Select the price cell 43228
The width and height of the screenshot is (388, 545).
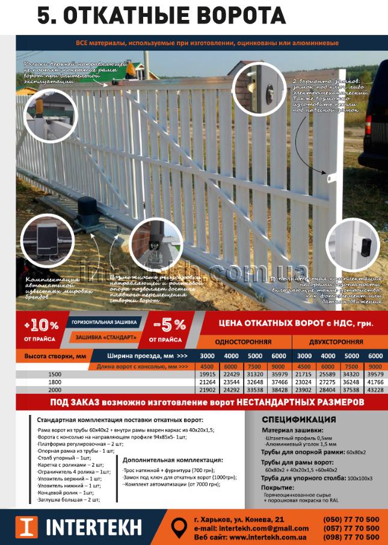pos(375,390)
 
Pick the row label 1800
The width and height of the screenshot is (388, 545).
pos(55,382)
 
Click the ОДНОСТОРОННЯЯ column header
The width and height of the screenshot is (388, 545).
pos(244,341)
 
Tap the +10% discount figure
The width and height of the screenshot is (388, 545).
pos(42,326)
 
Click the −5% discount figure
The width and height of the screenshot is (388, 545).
pos(170,325)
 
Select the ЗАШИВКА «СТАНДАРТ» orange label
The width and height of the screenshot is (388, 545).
pos(105,337)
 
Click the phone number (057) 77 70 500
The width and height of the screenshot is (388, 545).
pos(351,528)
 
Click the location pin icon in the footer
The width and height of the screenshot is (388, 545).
pos(179,527)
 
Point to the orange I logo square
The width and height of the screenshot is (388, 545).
pos(26,527)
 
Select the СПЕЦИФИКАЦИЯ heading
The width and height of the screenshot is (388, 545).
pos(298,420)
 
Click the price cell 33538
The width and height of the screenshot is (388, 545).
pos(255,390)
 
